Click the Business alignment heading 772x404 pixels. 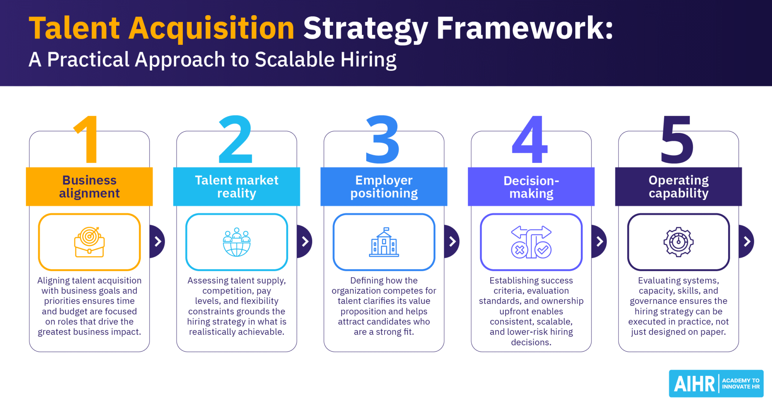pos(89,187)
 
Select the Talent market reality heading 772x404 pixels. pos(237,187)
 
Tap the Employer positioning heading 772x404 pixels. pos(384,187)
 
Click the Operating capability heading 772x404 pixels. pos(679,187)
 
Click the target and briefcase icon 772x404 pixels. pos(89,242)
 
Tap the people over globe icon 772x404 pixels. pos(237,242)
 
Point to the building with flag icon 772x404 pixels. pos(384,242)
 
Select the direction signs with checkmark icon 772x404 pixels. pos(531,242)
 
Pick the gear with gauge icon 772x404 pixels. pos(679,242)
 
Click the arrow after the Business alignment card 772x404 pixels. pos(158,241)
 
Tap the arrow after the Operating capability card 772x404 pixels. pos(747,241)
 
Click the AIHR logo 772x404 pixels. pos(716,384)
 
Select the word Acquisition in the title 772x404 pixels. pos(211,28)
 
